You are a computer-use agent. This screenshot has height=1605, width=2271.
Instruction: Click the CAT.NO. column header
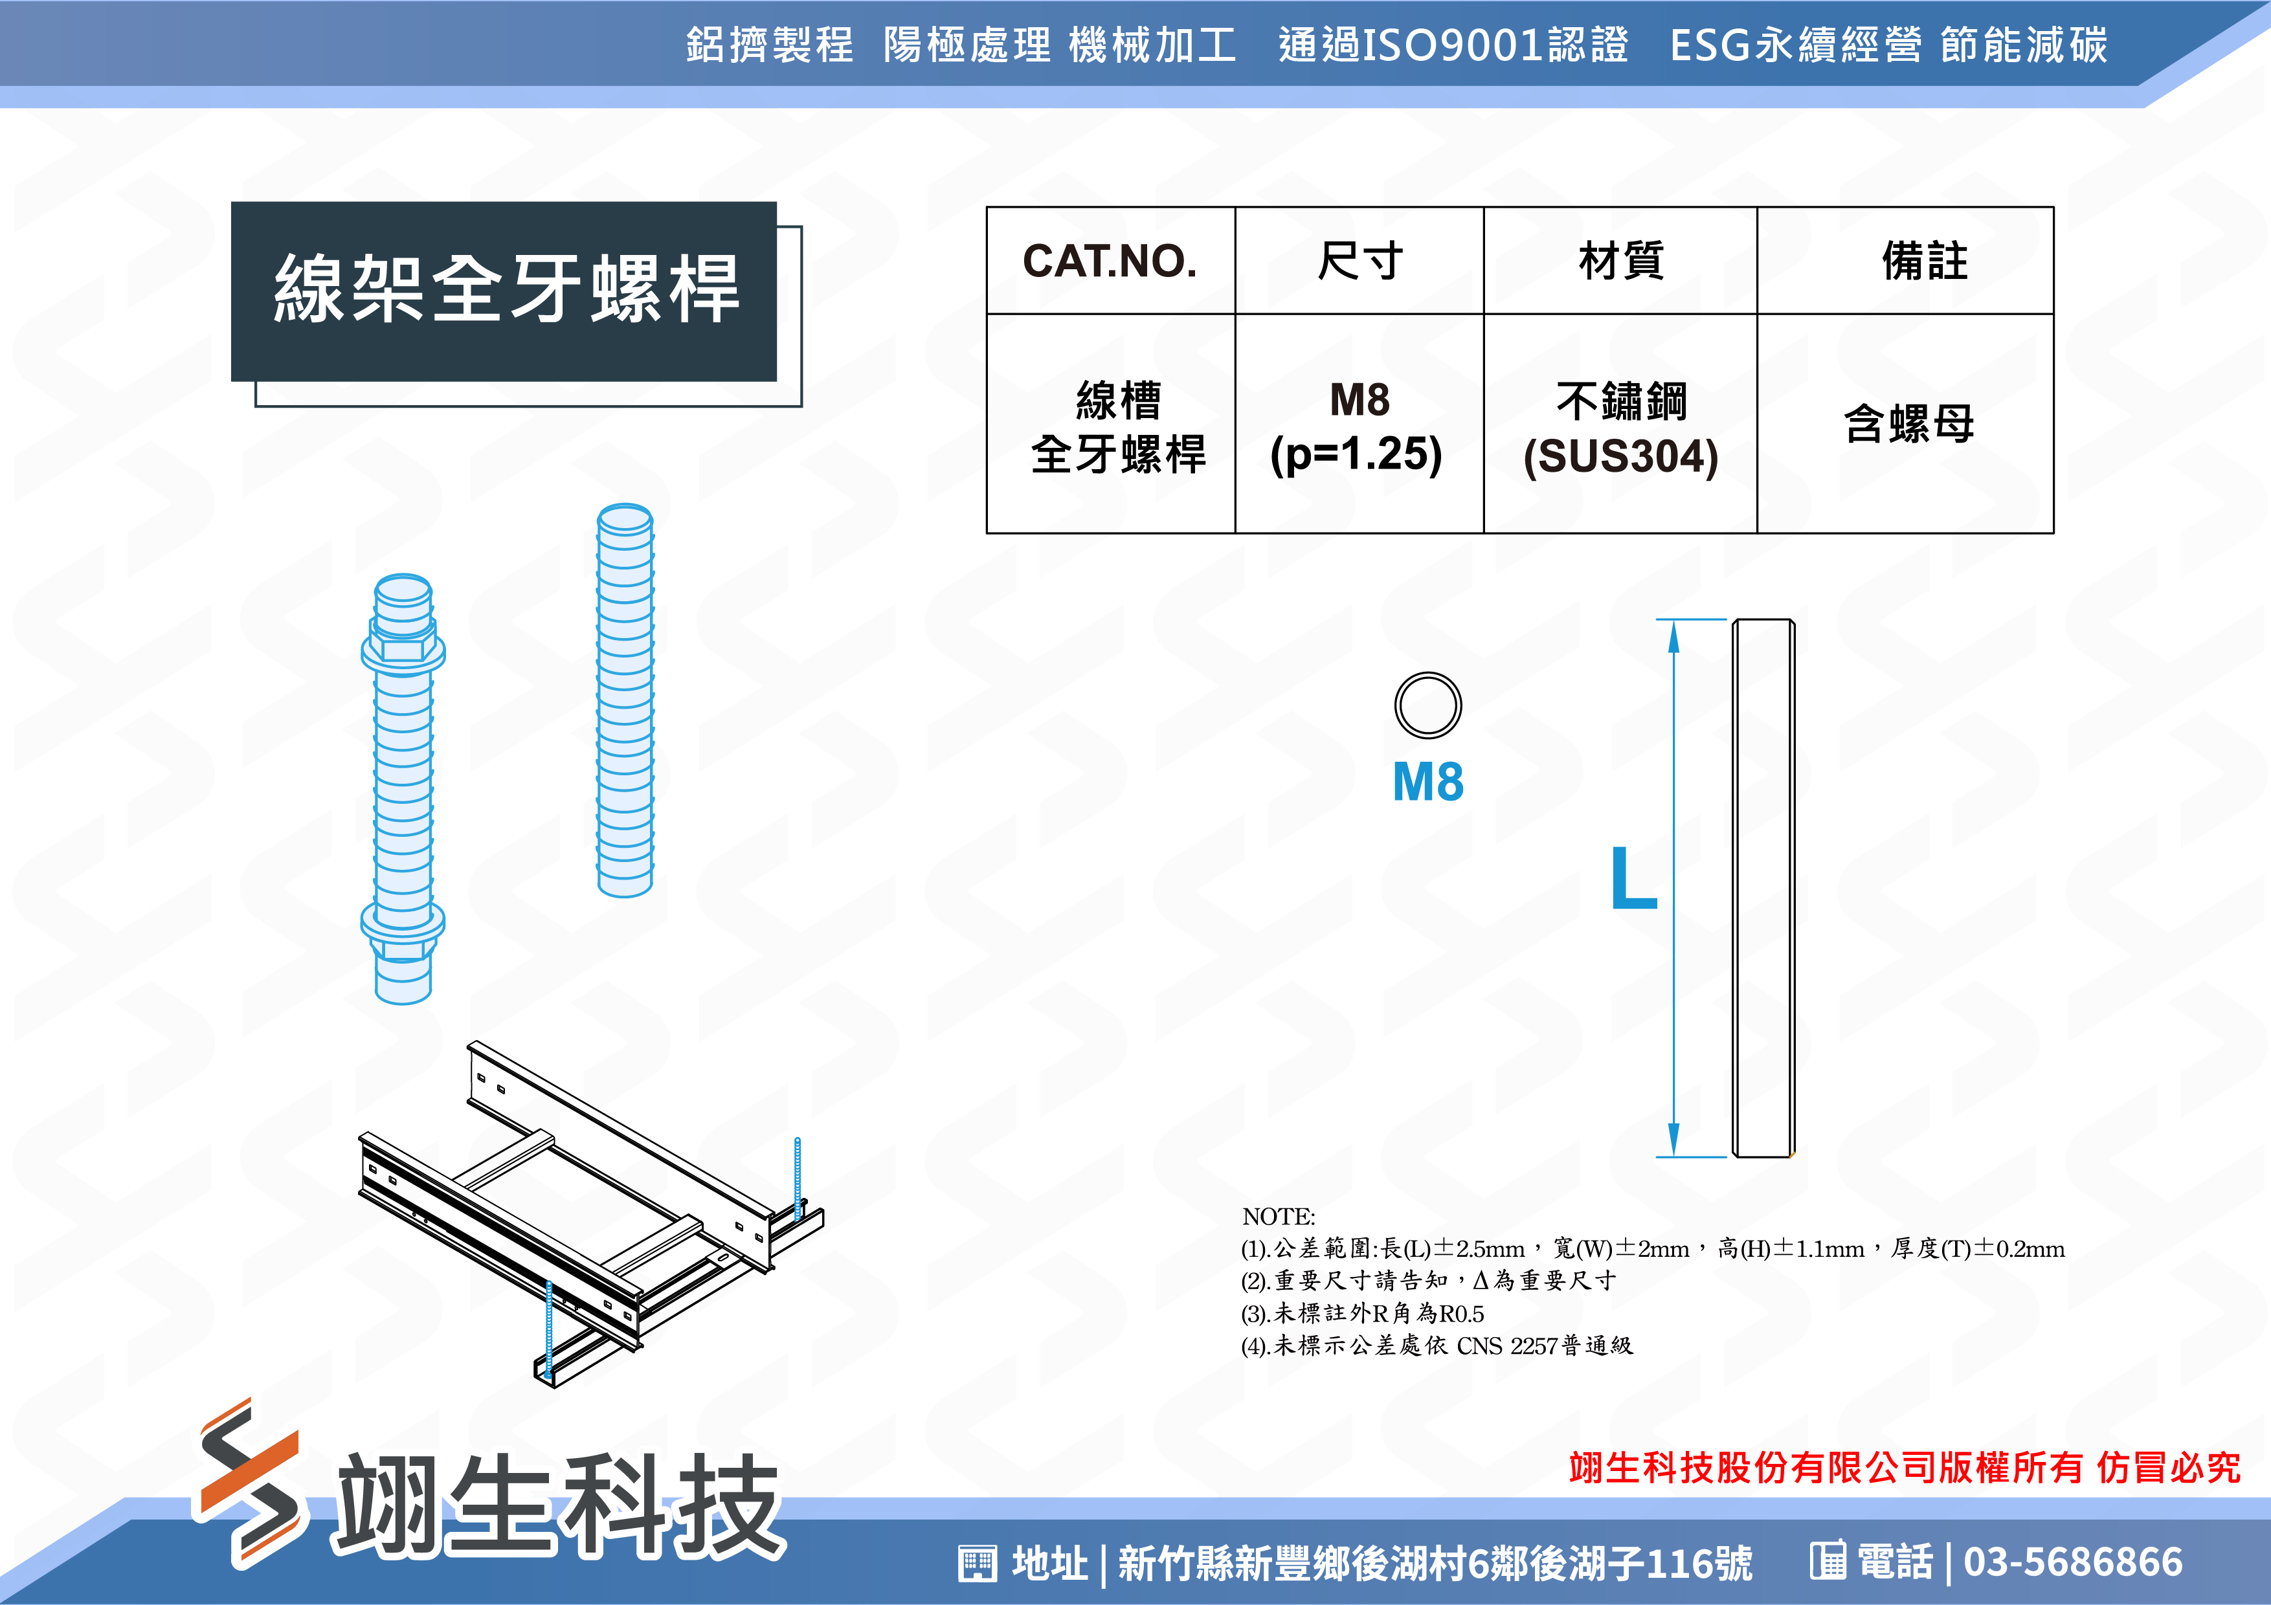click(x=1110, y=261)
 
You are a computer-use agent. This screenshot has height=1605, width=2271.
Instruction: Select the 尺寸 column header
click(x=1360, y=261)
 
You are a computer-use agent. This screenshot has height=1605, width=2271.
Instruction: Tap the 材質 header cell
click(x=1621, y=261)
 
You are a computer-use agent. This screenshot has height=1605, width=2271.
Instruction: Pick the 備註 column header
click(x=1925, y=261)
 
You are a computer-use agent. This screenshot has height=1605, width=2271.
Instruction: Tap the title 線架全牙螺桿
click(x=506, y=289)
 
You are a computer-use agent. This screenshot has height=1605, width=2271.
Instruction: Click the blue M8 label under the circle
click(x=1427, y=781)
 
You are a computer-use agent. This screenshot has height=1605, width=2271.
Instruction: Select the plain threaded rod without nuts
click(x=625, y=700)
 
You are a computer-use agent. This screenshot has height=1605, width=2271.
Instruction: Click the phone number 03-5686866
click(x=2073, y=1562)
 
